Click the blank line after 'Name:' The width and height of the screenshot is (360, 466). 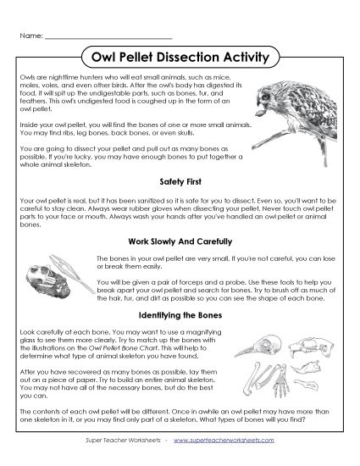108,36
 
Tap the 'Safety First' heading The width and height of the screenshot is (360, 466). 180,181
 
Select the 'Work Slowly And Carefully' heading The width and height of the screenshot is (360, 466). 180,240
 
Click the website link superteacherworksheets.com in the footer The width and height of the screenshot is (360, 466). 234,441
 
